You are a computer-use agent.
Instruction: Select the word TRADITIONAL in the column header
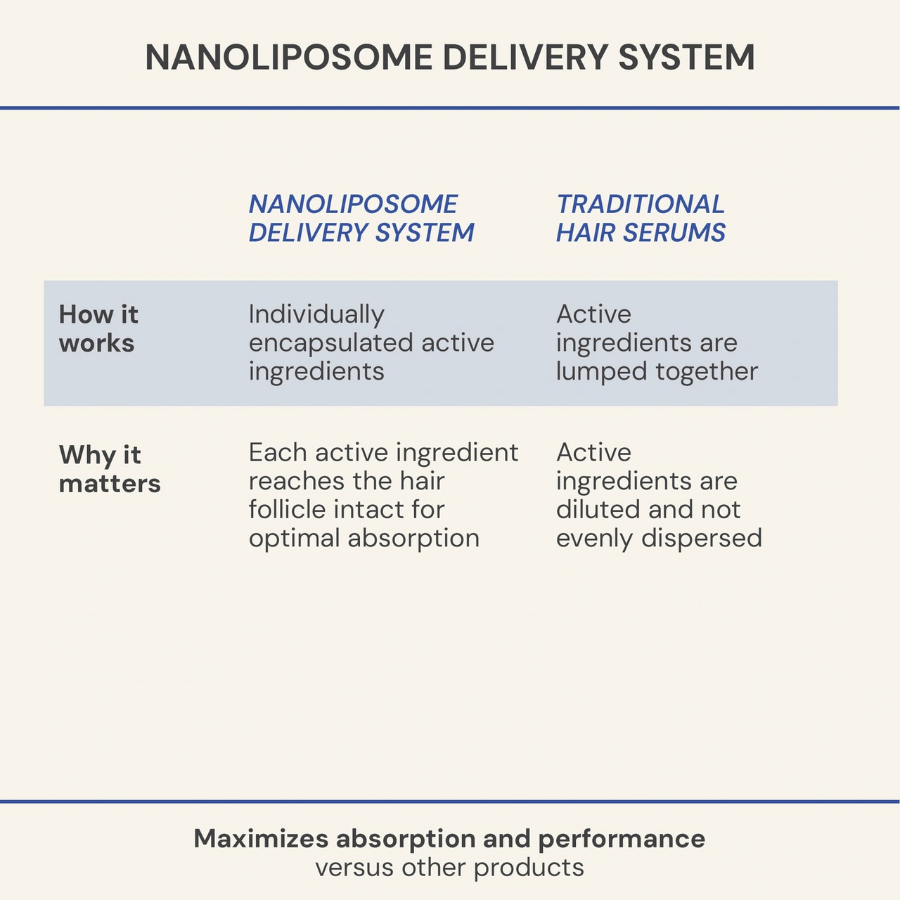coord(640,204)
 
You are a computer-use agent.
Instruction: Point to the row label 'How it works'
coord(98,328)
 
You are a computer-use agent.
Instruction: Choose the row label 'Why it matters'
coord(110,469)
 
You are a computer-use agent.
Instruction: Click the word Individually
coord(316,314)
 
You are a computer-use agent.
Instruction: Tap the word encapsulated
coord(330,343)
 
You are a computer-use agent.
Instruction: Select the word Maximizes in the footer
coord(261,839)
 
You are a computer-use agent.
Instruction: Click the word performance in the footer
coord(622,839)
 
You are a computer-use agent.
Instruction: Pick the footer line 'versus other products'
coord(449,868)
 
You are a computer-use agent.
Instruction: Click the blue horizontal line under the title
coord(450,108)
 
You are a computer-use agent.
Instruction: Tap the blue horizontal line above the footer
coord(450,802)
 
